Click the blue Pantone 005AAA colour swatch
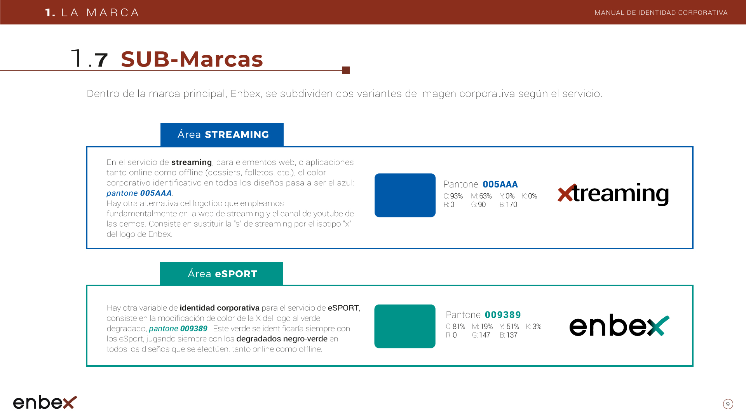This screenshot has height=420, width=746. tap(405, 195)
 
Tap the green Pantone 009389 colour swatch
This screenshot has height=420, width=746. tap(405, 326)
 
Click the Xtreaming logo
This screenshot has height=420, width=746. tap(613, 194)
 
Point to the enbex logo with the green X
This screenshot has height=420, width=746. tap(619, 325)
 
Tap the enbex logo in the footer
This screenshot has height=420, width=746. tap(45, 402)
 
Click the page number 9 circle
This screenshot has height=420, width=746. tap(728, 404)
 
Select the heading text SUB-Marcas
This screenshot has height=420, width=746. tap(192, 59)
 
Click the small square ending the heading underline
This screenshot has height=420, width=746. tap(346, 70)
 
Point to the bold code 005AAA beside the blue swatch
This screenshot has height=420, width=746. tap(500, 184)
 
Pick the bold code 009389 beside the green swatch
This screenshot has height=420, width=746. tap(503, 315)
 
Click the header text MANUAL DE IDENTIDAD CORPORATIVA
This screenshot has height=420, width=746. tap(661, 12)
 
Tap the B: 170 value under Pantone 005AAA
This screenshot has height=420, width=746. tap(508, 205)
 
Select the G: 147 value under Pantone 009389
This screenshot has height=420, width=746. tap(481, 335)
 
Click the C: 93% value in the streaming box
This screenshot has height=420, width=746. tap(453, 196)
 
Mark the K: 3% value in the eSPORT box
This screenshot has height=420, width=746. tap(533, 326)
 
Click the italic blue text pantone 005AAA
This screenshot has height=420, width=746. tap(139, 193)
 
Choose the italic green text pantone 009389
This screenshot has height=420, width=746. tap(178, 329)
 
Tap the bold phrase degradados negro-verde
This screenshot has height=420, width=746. tap(282, 339)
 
